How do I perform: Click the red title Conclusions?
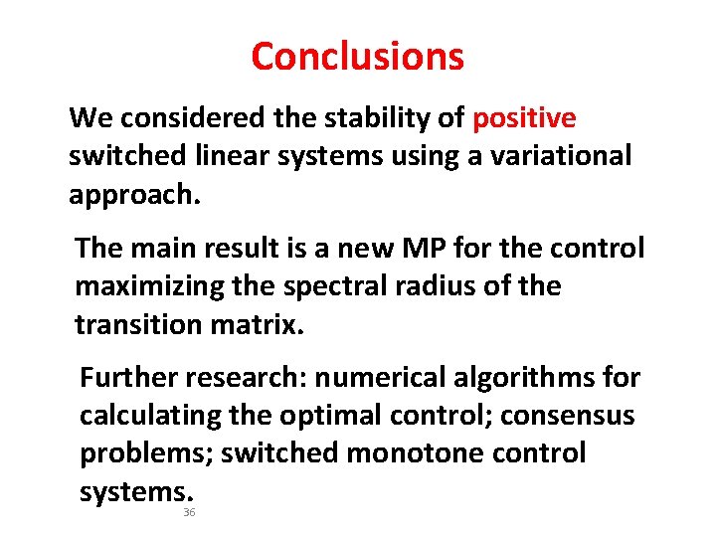(357, 57)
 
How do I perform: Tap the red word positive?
(524, 119)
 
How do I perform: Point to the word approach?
(133, 194)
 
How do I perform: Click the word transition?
(134, 324)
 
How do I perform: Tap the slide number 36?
(189, 513)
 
